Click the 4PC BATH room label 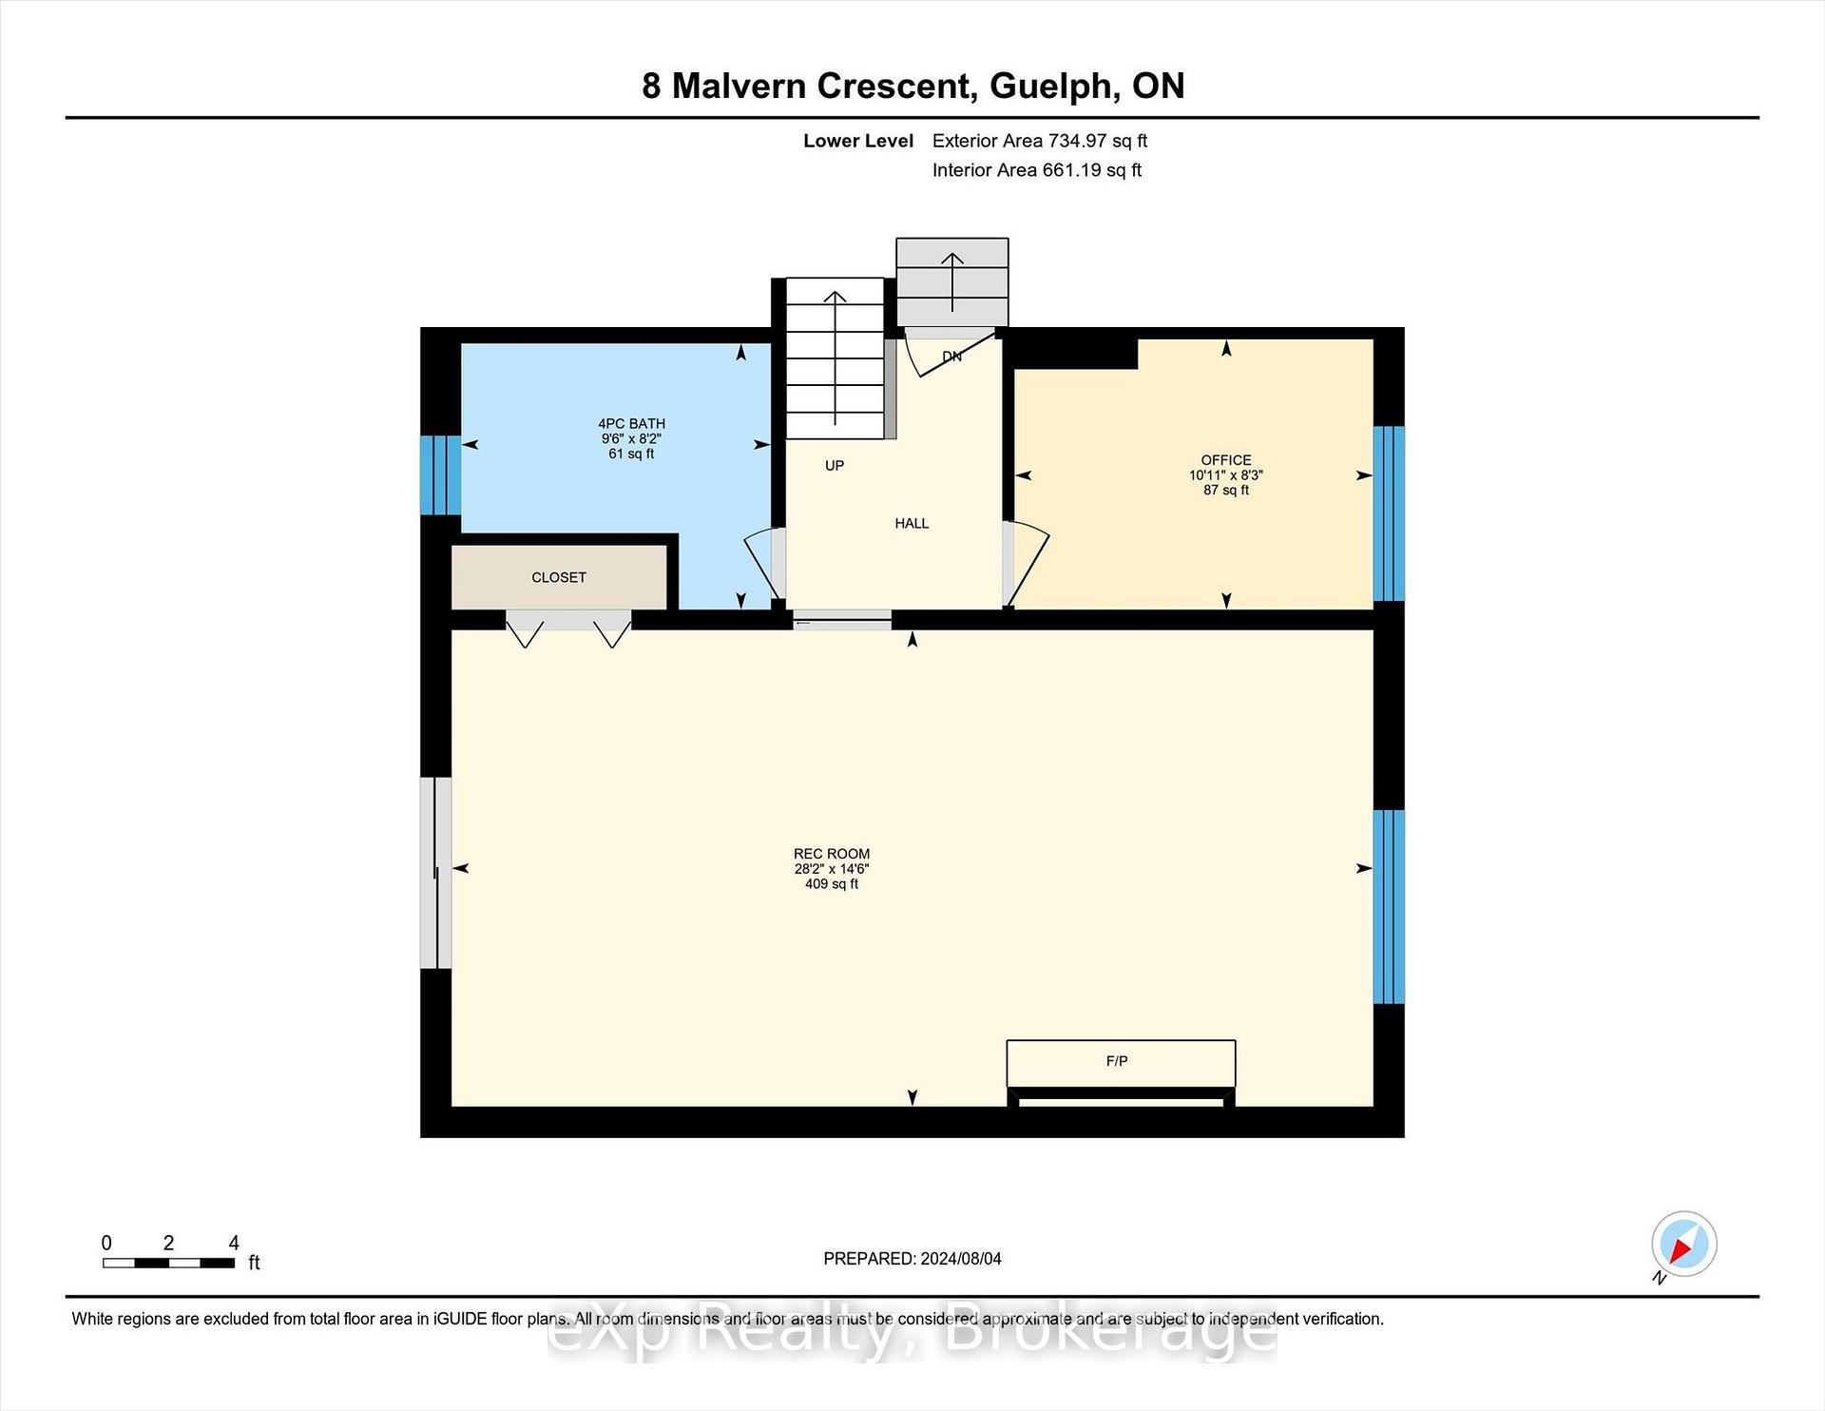point(631,424)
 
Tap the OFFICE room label point(1226,460)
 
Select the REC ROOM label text point(832,854)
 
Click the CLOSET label point(559,577)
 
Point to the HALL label point(912,523)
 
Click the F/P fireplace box point(1122,1063)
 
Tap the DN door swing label point(951,357)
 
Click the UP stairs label point(835,465)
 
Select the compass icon point(1684,1244)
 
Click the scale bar point(168,1263)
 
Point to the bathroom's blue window point(441,474)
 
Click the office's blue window point(1389,513)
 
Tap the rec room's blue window point(1389,907)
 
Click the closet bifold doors point(568,628)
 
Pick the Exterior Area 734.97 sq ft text point(1040,141)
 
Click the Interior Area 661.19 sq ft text point(1037,170)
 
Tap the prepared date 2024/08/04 point(961,1259)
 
